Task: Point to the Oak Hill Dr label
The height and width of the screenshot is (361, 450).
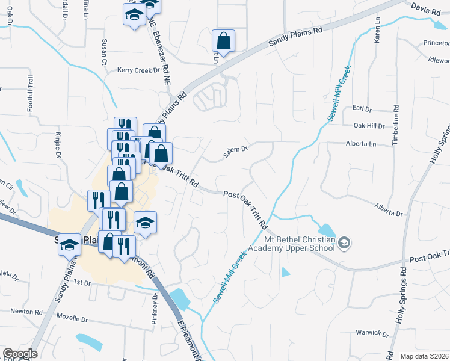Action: [368, 126]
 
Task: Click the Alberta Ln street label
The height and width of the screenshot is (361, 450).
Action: [360, 144]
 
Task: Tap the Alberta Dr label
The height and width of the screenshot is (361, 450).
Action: [388, 209]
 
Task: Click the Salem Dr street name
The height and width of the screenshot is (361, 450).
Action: [235, 152]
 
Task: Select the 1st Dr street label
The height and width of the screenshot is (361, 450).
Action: [81, 282]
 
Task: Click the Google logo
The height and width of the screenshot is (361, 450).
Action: [20, 354]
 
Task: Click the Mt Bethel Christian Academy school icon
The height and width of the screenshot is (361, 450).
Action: [344, 242]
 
